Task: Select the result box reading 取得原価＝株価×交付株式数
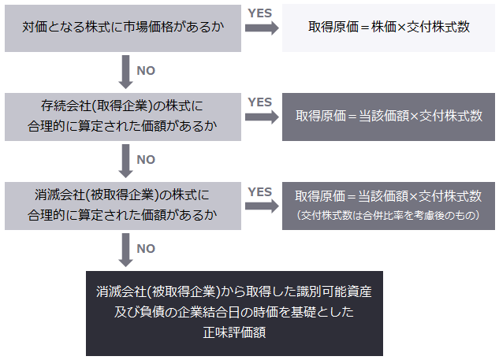point(389,27)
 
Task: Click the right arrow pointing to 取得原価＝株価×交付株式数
point(261,30)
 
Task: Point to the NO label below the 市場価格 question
point(146,70)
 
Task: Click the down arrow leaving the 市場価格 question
point(124,71)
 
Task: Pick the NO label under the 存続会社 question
point(146,159)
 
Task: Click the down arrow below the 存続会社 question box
point(124,160)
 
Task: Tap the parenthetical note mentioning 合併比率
point(389,215)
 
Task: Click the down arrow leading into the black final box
point(124,249)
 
